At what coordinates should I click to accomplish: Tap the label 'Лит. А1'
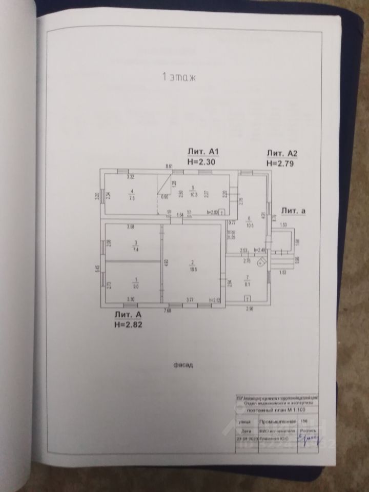click(203, 152)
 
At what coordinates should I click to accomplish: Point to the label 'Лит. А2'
click(282, 153)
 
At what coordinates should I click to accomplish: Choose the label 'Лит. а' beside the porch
click(293, 211)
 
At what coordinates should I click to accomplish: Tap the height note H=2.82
click(130, 324)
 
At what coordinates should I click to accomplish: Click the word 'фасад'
click(182, 366)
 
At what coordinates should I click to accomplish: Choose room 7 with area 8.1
click(248, 278)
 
